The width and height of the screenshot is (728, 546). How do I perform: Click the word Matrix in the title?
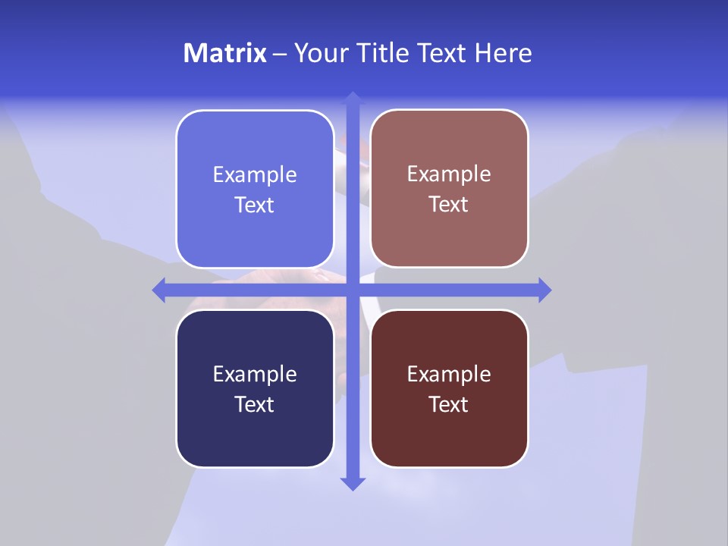pos(224,53)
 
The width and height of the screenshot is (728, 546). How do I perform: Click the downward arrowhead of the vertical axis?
pos(353,483)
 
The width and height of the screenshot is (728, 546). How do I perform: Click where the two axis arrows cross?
pos(353,290)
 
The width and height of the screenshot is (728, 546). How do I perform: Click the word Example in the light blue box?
pos(255,175)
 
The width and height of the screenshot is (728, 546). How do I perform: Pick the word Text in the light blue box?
pos(255,205)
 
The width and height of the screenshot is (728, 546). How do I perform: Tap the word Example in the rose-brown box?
pos(449,174)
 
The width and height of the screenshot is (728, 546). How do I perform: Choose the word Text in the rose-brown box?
pos(449,204)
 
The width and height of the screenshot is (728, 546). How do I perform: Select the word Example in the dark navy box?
pos(255,375)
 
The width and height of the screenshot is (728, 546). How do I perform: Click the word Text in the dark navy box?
pos(255,404)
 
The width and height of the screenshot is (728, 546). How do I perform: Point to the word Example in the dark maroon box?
pos(449,375)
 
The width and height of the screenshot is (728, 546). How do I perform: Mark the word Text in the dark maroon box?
pos(449,404)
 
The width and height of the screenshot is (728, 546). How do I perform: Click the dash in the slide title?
pos(280,54)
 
